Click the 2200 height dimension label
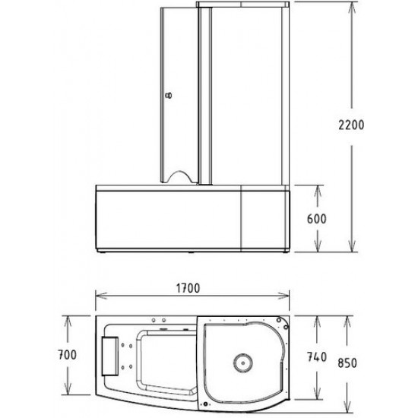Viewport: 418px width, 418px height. tap(367, 125)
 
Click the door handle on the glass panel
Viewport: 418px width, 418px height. tap(169, 96)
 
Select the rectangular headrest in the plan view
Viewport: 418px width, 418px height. tap(111, 354)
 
